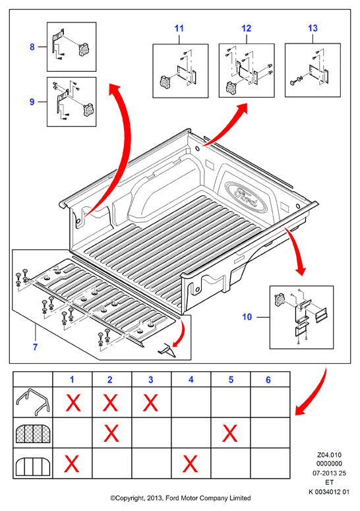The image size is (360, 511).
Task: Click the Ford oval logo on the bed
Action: pos(246,197)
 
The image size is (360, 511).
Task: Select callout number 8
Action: pos(32,47)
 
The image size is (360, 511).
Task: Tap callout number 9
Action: pos(32,102)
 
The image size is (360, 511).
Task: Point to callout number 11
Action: pos(179,28)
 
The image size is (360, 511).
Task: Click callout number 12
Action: pos(247,28)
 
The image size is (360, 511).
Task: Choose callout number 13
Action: pos(313,28)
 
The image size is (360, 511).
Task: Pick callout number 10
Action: pos(247,316)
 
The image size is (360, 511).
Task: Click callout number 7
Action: pos(35,347)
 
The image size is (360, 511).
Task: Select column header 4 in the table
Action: pos(191,380)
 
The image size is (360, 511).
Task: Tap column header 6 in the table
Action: pos(268,380)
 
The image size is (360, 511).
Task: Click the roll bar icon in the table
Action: pos(32,402)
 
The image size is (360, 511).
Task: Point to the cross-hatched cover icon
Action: pos(32,433)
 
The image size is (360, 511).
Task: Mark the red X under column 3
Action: pos(150,403)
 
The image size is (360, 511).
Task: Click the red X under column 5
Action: pos(229,433)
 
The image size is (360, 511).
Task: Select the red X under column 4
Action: pos(191,464)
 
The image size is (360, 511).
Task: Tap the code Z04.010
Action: pos(329,455)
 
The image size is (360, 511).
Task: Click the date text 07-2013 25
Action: pos(329,473)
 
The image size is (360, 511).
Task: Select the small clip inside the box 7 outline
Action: pos(167,350)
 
